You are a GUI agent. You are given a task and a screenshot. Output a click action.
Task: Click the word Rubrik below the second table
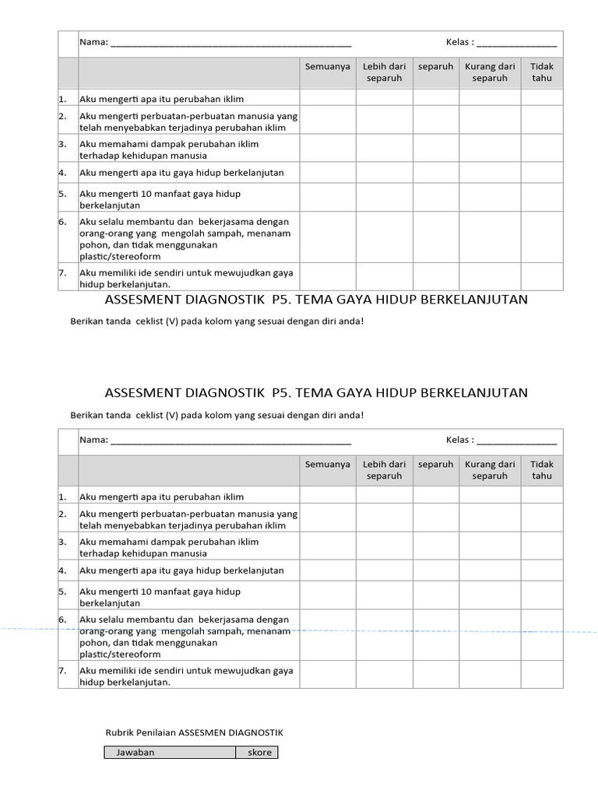click(121, 732)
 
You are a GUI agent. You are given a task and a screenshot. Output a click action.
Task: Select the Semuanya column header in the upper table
click(328, 67)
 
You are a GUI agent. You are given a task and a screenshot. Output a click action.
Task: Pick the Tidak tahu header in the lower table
click(542, 470)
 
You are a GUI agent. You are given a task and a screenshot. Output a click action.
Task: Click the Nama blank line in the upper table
click(230, 43)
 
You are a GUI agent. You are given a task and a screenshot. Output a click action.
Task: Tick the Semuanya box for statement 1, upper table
click(328, 97)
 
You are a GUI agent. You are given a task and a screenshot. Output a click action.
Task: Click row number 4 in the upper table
click(62, 172)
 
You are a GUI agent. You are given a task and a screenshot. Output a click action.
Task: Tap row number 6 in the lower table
click(62, 620)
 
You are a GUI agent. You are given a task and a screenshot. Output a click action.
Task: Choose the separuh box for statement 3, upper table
click(435, 148)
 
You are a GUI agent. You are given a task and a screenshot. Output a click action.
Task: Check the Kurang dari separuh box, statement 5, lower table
click(490, 595)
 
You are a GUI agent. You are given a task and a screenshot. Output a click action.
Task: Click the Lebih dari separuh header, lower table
click(384, 470)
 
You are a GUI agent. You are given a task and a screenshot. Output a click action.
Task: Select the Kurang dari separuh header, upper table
click(490, 72)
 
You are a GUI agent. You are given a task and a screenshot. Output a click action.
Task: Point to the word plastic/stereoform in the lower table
click(120, 655)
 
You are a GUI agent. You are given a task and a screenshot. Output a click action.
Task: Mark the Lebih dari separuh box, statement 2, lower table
click(384, 519)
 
